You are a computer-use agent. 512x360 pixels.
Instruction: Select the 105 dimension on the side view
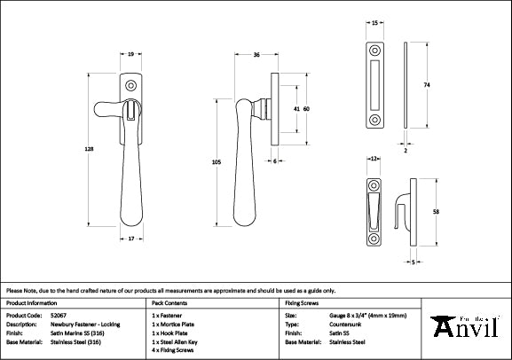click(x=216, y=162)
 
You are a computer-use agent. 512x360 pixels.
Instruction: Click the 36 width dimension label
click(x=256, y=55)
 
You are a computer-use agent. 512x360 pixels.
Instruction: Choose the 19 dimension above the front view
click(x=130, y=55)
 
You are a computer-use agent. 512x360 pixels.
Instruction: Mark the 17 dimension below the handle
click(x=130, y=238)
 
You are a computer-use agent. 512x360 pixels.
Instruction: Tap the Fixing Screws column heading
click(x=300, y=302)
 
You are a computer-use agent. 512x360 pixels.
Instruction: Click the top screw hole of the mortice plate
click(x=374, y=50)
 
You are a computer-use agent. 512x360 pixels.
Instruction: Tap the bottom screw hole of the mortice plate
click(x=374, y=117)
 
